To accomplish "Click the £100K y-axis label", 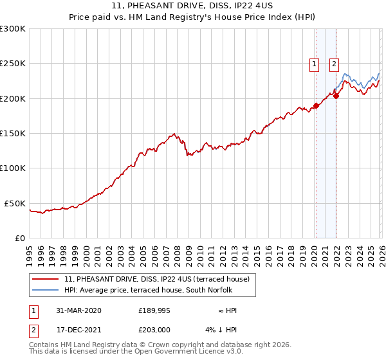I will click(x=13, y=168).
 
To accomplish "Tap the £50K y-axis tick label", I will click(x=15, y=203).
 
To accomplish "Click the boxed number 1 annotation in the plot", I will click(x=315, y=64).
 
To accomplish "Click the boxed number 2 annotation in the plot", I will click(x=335, y=64).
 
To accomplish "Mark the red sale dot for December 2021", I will click(x=336, y=96).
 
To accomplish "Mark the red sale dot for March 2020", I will click(x=316, y=105).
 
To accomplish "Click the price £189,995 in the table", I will click(x=153, y=310).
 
